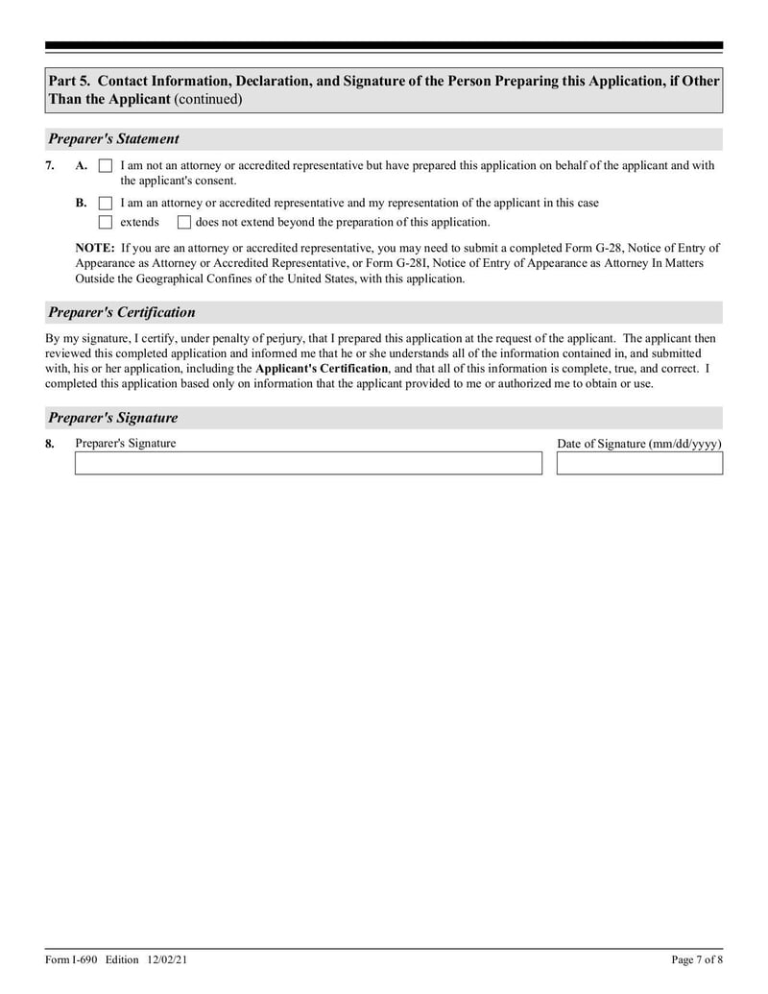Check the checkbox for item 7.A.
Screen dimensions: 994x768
coord(106,166)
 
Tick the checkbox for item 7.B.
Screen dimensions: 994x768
coord(106,204)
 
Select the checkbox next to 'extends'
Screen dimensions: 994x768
coord(106,223)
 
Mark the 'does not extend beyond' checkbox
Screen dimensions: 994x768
coord(183,223)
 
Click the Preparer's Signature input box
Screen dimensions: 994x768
coord(308,464)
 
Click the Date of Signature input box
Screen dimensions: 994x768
coord(639,464)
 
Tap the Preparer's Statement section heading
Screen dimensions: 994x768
coord(113,139)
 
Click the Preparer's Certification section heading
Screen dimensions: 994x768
coord(121,312)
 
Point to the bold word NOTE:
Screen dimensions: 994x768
coord(96,247)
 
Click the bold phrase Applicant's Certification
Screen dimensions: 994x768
coord(322,369)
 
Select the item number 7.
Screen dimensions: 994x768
coord(50,166)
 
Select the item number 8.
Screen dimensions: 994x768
coord(50,444)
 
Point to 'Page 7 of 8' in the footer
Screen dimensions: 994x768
coord(696,960)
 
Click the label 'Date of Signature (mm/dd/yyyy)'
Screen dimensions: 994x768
coord(639,444)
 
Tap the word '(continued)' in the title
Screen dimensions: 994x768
coord(208,99)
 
